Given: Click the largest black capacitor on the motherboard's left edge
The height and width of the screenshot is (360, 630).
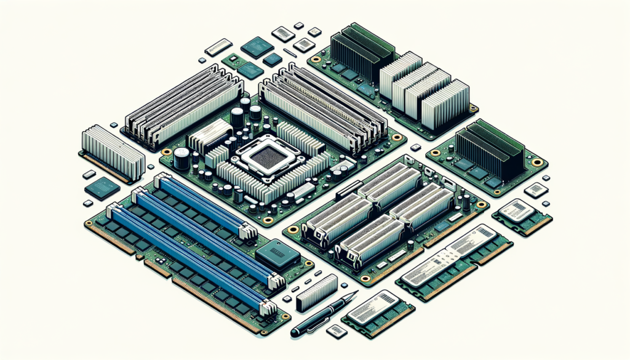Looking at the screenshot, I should pyautogui.click(x=181, y=158).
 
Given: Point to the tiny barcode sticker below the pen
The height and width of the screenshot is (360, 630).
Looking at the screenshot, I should pyautogui.click(x=336, y=331).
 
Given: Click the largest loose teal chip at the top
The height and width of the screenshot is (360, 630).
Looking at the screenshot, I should pyautogui.click(x=257, y=47).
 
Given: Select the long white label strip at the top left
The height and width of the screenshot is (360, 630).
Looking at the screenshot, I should pyautogui.click(x=218, y=47).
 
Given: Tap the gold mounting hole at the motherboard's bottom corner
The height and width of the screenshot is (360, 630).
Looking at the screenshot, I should pyautogui.click(x=268, y=220).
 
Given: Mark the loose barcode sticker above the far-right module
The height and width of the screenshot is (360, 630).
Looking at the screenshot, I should pyautogui.click(x=535, y=190).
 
